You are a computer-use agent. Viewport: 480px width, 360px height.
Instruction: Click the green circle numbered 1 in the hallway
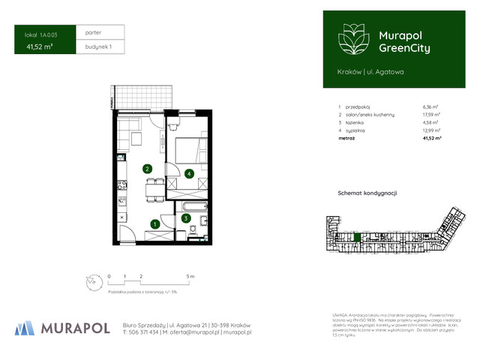(x=154, y=223)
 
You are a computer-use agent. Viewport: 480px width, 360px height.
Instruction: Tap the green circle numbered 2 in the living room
(x=148, y=169)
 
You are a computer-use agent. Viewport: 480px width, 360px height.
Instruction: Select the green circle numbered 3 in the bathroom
(x=184, y=218)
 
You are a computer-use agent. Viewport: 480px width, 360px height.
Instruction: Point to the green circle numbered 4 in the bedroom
(x=189, y=174)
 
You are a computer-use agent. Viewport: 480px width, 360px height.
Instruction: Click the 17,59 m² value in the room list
(x=431, y=114)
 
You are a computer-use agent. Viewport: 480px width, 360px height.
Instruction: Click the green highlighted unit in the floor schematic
(x=357, y=238)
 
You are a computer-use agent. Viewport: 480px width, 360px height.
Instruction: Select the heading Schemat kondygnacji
(x=367, y=193)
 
